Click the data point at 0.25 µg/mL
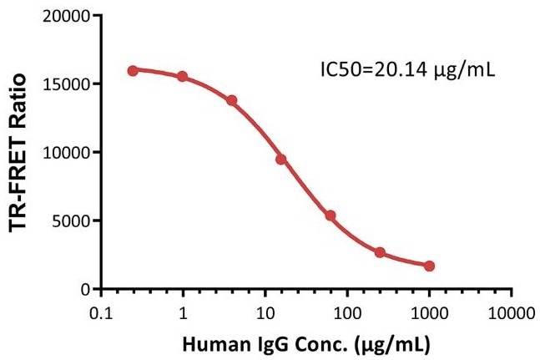[x=133, y=71]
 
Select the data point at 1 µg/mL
[x=182, y=77]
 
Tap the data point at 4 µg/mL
[x=231, y=100]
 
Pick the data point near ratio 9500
[x=281, y=159]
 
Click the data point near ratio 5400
[x=331, y=215]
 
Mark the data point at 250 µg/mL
[x=380, y=252]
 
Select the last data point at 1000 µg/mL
[x=429, y=266]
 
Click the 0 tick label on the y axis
[x=83, y=290]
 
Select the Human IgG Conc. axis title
[x=305, y=342]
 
